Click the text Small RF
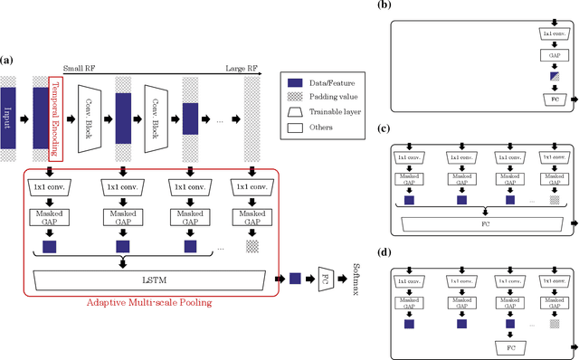coord(78,67)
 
